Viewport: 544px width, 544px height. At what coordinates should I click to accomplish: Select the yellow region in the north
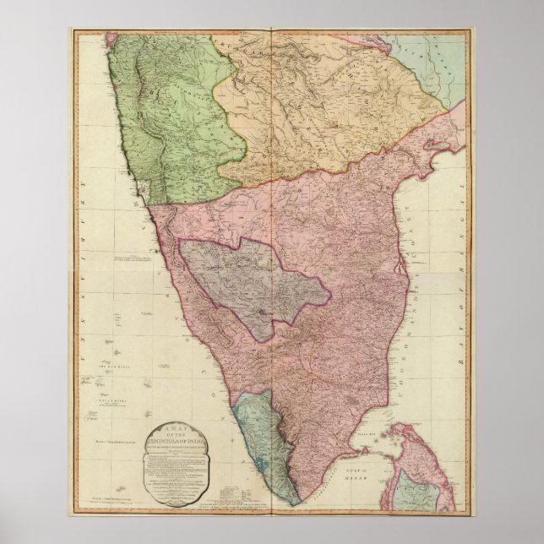click(329, 110)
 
